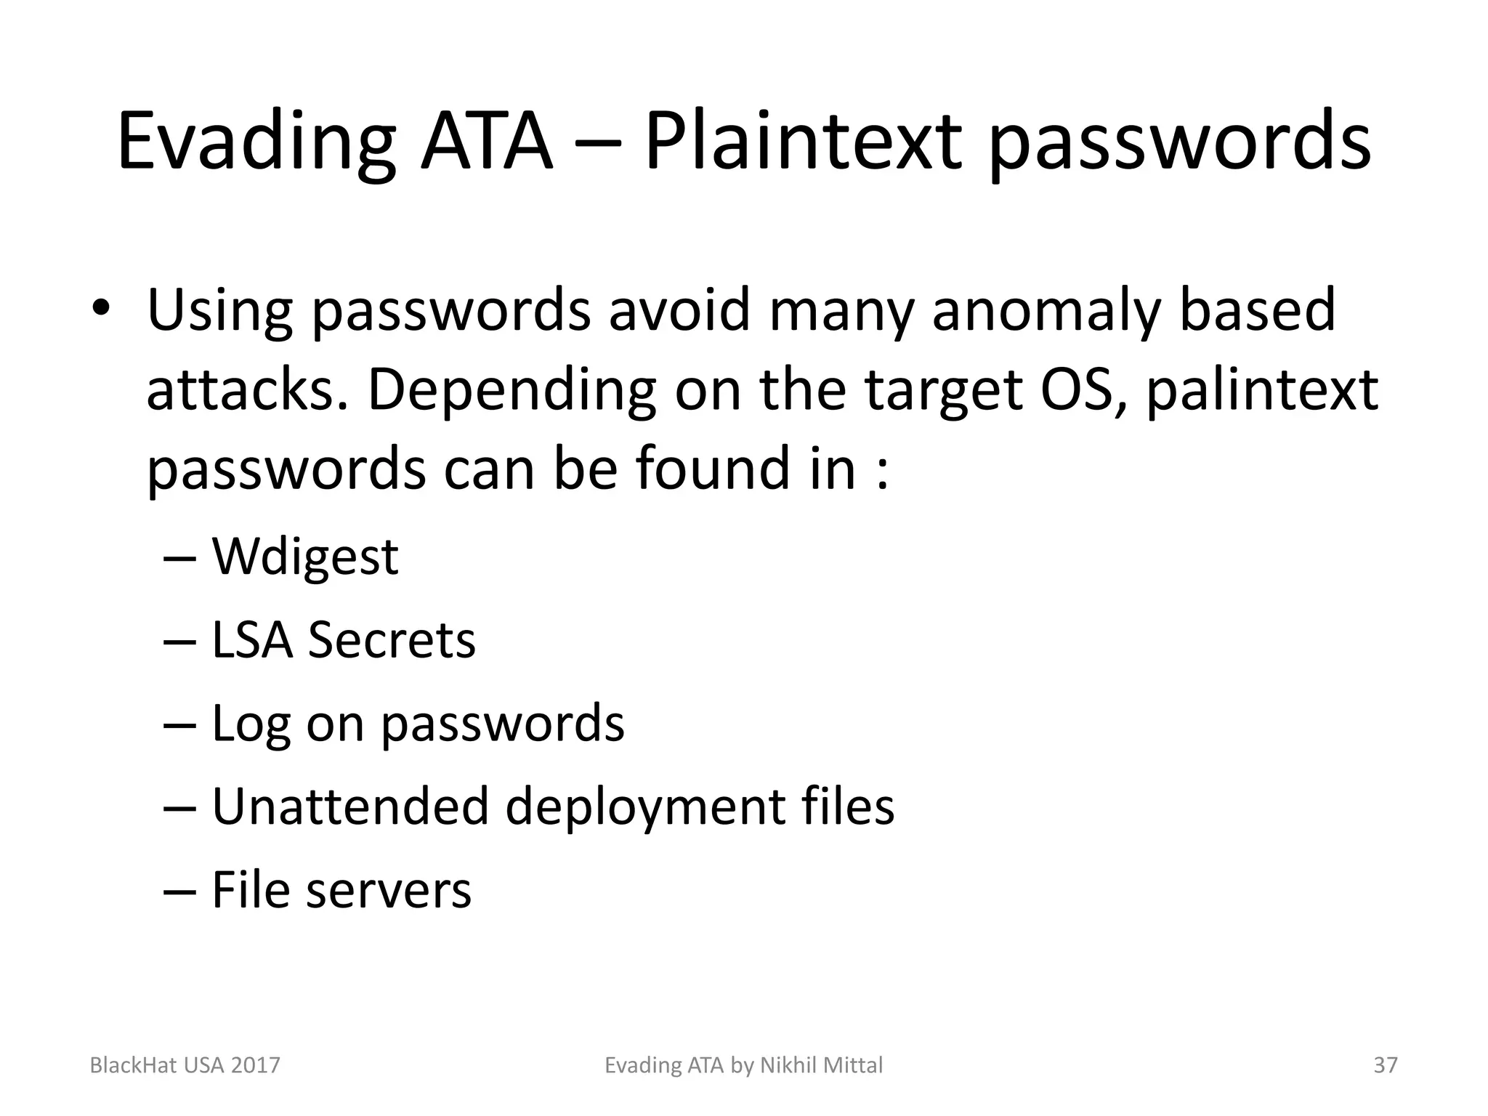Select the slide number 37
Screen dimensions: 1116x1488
[x=1386, y=1065]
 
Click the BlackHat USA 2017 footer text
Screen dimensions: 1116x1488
[x=185, y=1065]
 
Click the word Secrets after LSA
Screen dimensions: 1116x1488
[x=392, y=640]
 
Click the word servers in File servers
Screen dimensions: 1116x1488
[x=389, y=890]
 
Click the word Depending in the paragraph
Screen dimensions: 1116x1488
[x=512, y=391]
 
